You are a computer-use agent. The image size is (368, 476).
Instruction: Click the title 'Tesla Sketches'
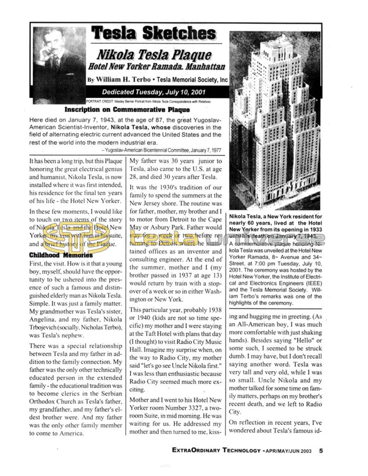point(154,33)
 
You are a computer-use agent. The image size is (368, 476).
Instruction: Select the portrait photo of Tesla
point(59,64)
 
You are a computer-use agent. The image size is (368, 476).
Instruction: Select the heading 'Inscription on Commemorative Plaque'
point(127,110)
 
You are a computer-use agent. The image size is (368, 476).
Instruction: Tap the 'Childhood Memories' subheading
point(61,254)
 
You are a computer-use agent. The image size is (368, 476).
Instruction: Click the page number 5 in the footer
point(321,451)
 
